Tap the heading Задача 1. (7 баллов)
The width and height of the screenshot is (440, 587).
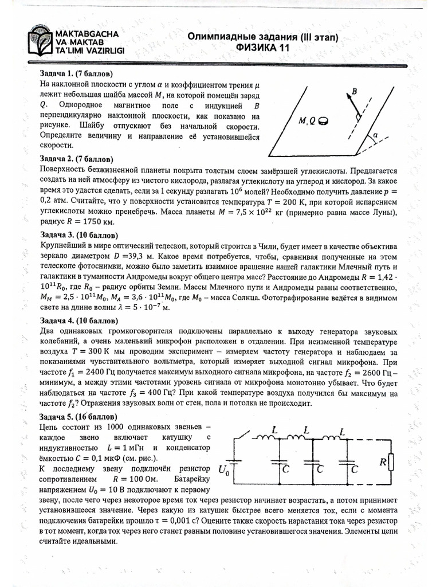(x=76, y=75)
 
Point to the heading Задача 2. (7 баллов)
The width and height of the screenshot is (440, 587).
(x=76, y=158)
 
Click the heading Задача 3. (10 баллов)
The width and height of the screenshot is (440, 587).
(x=78, y=235)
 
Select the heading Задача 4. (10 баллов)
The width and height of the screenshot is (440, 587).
(x=78, y=322)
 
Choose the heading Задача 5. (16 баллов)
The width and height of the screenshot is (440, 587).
(x=78, y=416)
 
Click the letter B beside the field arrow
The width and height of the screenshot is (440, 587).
(x=355, y=91)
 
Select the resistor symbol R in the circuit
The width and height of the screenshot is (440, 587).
(x=390, y=461)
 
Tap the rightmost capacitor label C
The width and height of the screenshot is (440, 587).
(x=356, y=469)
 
